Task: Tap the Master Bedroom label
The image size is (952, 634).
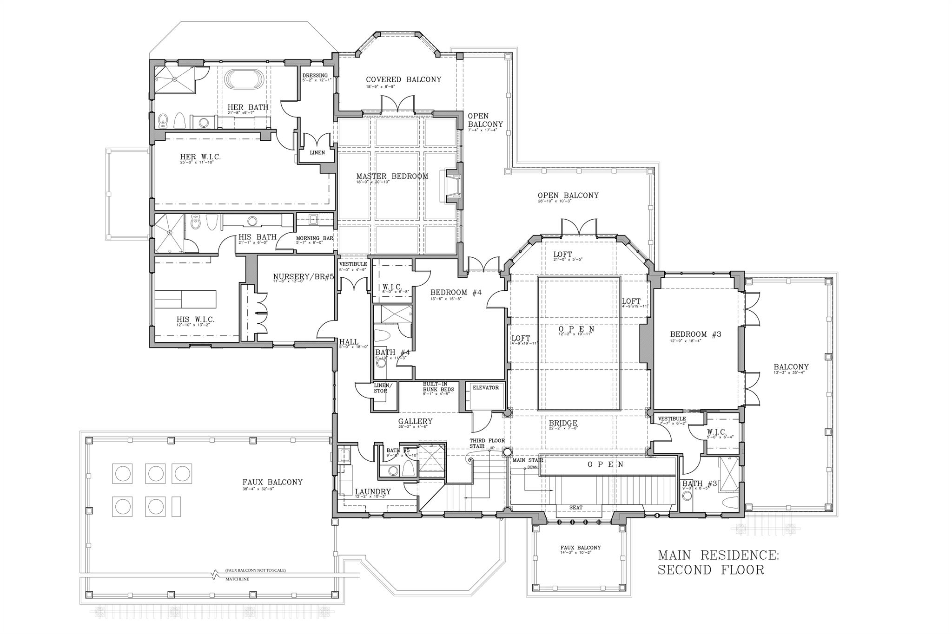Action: pyautogui.click(x=392, y=176)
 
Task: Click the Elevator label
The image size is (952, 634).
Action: pyautogui.click(x=485, y=388)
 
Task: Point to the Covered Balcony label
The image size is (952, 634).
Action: pyautogui.click(x=403, y=79)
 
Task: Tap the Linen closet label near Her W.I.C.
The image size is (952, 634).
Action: pyautogui.click(x=317, y=153)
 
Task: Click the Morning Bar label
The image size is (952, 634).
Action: pyautogui.click(x=314, y=238)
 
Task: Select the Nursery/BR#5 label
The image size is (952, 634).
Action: pyautogui.click(x=304, y=277)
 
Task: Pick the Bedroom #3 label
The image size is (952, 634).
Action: pyautogui.click(x=695, y=334)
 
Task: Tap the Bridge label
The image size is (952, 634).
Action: pyautogui.click(x=563, y=423)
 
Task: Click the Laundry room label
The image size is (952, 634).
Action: pyautogui.click(x=372, y=492)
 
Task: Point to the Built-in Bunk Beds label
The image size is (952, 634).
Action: pyautogui.click(x=435, y=387)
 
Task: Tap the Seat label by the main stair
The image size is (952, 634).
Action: pyautogui.click(x=575, y=508)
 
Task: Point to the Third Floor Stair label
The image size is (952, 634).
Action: pyautogui.click(x=486, y=443)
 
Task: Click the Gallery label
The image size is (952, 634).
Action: pyautogui.click(x=415, y=421)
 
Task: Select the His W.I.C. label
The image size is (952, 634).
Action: pyautogui.click(x=195, y=320)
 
